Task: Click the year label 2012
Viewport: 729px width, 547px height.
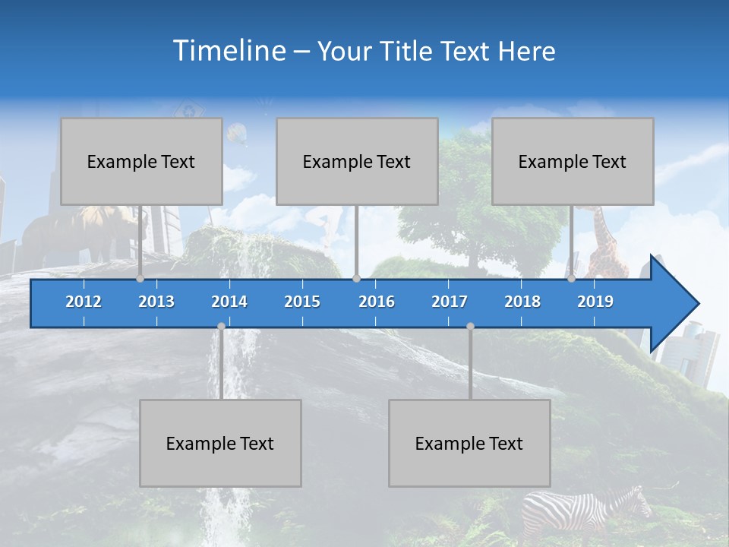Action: tap(84, 302)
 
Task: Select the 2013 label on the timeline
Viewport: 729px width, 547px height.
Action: tap(156, 302)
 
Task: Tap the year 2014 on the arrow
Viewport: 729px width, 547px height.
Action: tap(229, 302)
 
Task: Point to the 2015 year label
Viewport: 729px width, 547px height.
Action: tap(302, 302)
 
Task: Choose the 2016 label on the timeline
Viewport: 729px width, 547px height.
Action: tap(377, 302)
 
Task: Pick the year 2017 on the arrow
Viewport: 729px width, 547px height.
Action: tap(450, 302)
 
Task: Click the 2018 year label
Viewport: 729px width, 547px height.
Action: tap(522, 302)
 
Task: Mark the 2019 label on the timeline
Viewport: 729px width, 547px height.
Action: tap(595, 302)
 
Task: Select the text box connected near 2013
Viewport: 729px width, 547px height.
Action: tap(141, 161)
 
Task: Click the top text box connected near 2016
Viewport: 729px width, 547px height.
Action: tap(357, 161)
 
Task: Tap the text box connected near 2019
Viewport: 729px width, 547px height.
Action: tap(573, 161)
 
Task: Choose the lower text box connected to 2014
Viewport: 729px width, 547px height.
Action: tap(220, 443)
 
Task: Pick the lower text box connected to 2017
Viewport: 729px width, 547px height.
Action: tap(469, 443)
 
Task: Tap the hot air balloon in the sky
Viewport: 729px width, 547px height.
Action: tap(237, 134)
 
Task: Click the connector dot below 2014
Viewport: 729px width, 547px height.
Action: tap(221, 327)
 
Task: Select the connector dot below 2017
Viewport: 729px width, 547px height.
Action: tap(470, 327)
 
